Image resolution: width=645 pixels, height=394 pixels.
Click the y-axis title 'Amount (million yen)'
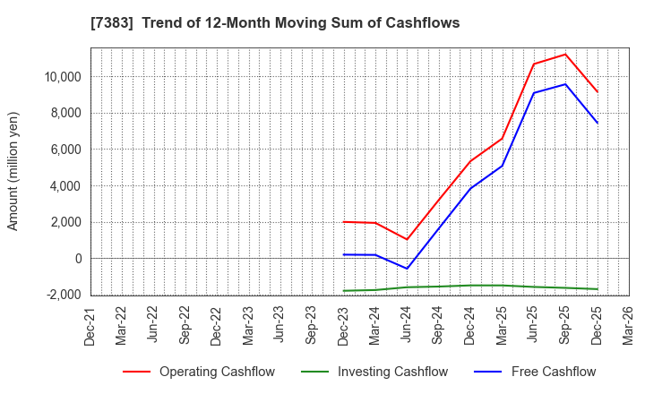[13, 171]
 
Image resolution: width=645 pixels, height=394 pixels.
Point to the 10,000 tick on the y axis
[61, 77]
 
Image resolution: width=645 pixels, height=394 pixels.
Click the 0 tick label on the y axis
[78, 259]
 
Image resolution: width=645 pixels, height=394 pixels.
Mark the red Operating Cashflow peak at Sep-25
[565, 54]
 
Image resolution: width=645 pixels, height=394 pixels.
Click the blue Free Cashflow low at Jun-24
[407, 269]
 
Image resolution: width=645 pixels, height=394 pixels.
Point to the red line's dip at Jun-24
[407, 239]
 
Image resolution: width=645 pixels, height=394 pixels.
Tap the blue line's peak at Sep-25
[565, 84]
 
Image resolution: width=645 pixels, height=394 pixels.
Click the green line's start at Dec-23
[344, 291]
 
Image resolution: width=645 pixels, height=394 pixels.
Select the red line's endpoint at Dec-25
[598, 92]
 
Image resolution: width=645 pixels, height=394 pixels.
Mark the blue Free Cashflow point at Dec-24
[470, 188]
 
